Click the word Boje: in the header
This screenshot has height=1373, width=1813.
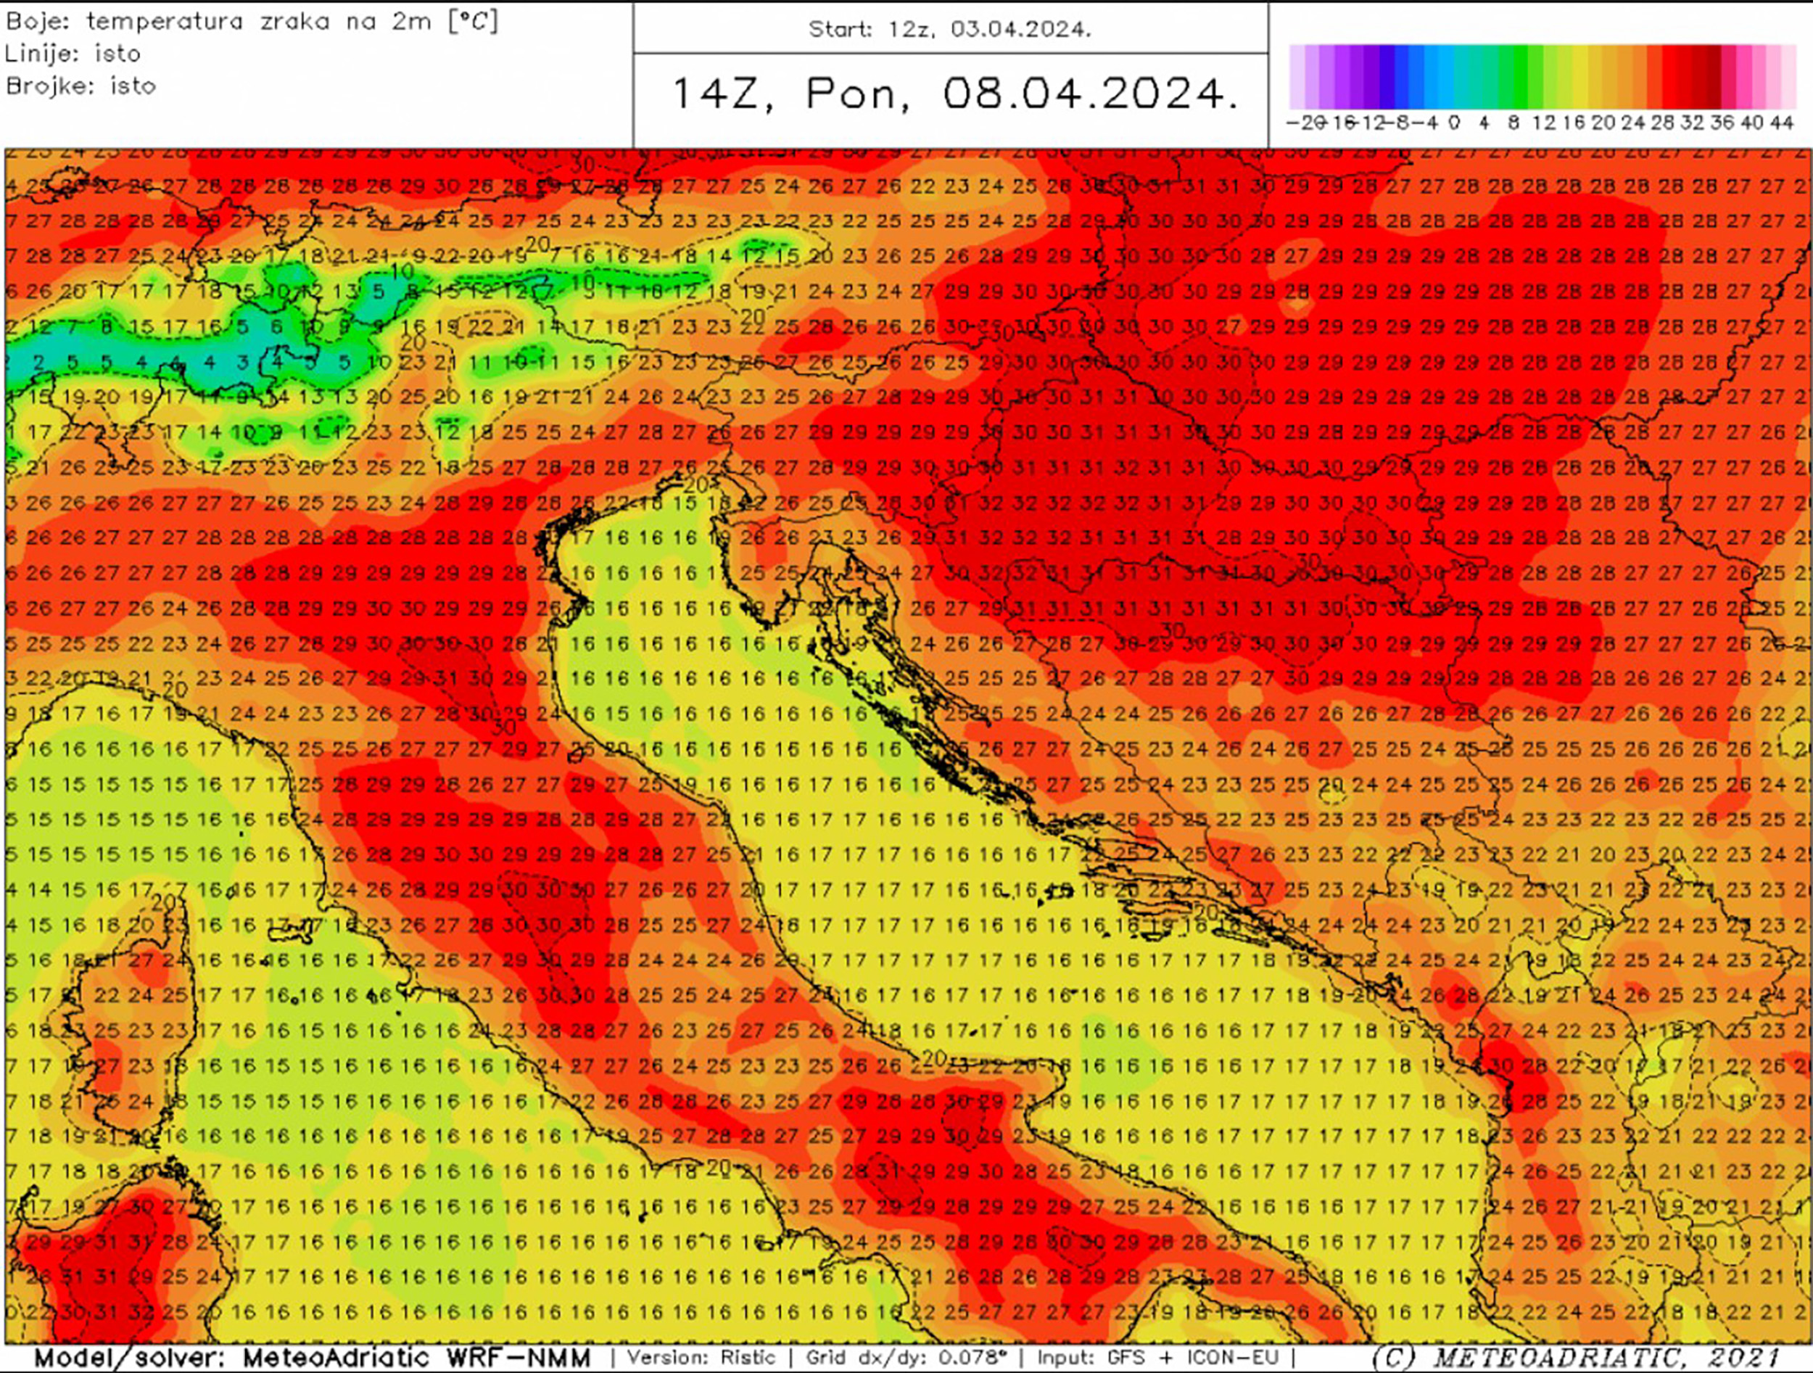(38, 21)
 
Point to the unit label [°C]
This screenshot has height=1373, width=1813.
(473, 21)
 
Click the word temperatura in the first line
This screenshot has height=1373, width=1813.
(165, 21)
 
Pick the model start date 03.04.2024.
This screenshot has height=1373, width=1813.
(1020, 30)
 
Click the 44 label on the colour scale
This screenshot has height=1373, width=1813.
(1781, 123)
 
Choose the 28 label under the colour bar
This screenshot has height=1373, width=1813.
(1662, 123)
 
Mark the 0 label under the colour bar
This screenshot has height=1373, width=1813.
(1454, 123)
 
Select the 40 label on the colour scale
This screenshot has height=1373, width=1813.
(1751, 123)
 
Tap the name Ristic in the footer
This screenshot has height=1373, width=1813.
(748, 1358)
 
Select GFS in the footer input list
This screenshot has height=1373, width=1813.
(1126, 1358)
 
